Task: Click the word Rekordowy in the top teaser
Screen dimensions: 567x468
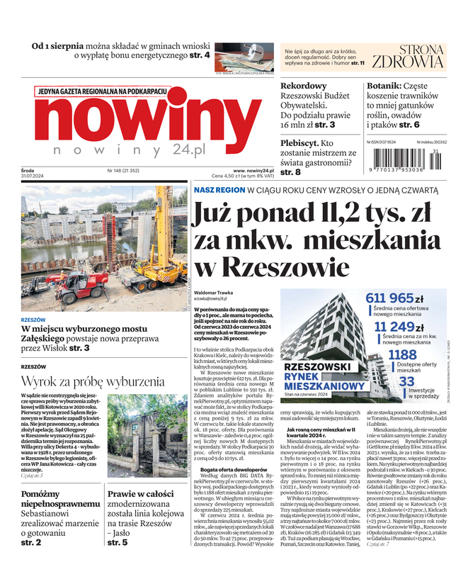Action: pyautogui.click(x=304, y=86)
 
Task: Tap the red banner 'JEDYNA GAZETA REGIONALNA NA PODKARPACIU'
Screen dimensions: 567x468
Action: pyautogui.click(x=102, y=91)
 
